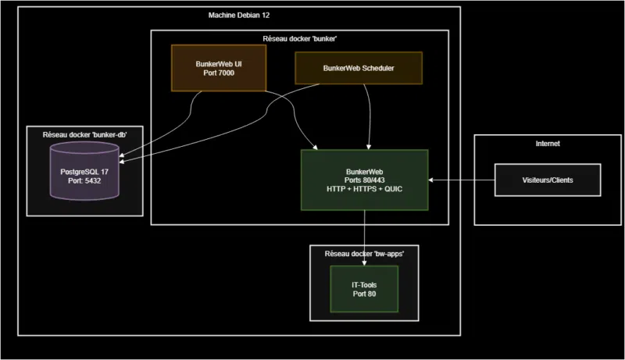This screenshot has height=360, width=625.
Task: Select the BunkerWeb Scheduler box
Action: (x=359, y=68)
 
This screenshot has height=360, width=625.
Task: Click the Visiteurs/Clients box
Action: (x=547, y=180)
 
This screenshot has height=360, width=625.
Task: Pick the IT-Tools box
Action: (x=364, y=290)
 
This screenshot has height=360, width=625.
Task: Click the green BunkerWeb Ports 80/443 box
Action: (x=364, y=180)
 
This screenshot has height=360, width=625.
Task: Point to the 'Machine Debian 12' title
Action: (x=240, y=16)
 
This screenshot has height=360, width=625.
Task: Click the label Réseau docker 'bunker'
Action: (x=300, y=38)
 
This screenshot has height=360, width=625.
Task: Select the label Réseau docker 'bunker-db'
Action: (x=84, y=134)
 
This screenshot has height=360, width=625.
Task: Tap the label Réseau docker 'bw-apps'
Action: (x=364, y=255)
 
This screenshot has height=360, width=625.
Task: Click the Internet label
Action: (x=547, y=144)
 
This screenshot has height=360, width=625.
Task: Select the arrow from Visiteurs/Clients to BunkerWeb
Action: (x=461, y=180)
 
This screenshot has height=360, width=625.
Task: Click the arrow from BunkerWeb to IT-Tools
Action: (x=364, y=238)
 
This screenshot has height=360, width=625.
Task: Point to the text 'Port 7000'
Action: (x=218, y=73)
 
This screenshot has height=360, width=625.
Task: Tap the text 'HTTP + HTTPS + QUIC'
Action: (x=364, y=190)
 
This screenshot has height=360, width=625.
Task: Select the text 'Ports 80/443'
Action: (x=364, y=180)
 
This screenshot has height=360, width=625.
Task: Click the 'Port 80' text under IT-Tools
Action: (x=364, y=295)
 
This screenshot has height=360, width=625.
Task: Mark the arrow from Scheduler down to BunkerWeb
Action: (x=367, y=117)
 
